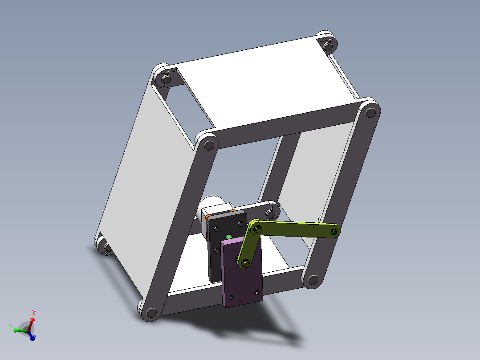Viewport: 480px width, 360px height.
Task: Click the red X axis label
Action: coord(34,313)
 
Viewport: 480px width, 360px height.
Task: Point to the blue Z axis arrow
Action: coord(32,338)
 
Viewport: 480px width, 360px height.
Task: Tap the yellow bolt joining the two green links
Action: coord(257,229)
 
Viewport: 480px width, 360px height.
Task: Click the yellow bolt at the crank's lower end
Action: coord(245,264)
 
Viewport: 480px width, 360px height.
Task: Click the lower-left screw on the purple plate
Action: coord(231,297)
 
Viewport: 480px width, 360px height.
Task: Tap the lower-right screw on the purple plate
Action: coord(256,292)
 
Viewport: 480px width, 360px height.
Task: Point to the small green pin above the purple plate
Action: coord(229,237)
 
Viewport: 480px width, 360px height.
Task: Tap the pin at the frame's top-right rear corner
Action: coord(329,45)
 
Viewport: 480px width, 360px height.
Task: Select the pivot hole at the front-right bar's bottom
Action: coord(313,280)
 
